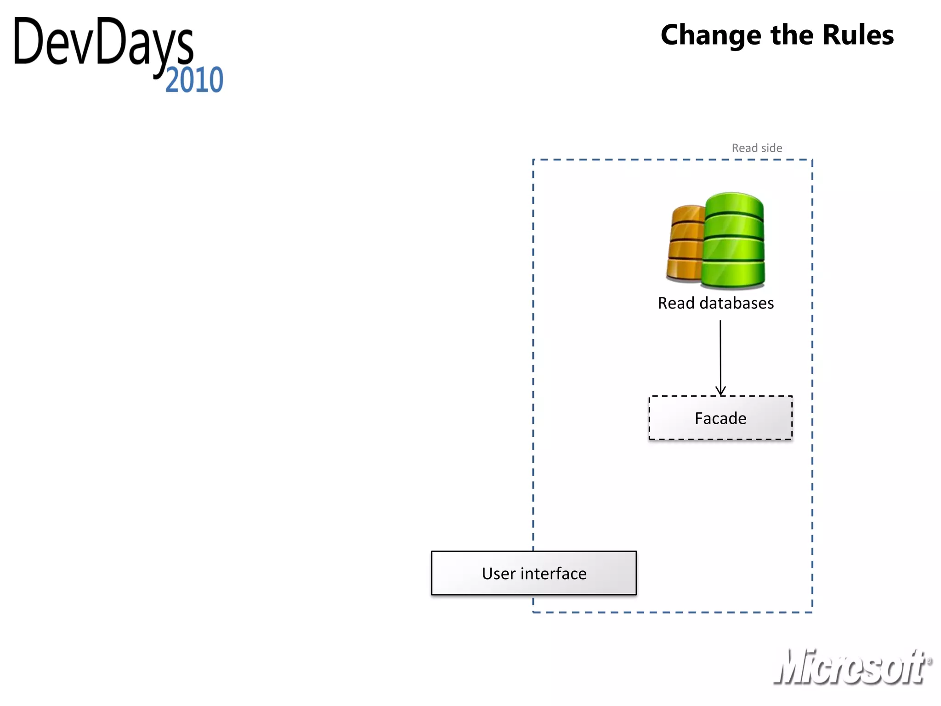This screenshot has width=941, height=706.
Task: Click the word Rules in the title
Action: [x=858, y=35]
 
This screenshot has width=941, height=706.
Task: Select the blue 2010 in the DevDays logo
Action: [x=194, y=80]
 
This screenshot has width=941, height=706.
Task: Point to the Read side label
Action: [x=757, y=148]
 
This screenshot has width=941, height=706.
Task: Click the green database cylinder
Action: [x=734, y=241]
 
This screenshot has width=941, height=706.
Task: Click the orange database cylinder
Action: [x=685, y=244]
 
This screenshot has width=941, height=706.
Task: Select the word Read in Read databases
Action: [x=676, y=303]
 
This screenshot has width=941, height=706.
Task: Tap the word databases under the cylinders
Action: [x=737, y=303]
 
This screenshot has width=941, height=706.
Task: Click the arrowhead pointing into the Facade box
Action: [x=720, y=391]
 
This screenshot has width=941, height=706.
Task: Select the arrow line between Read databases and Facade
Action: [x=720, y=354]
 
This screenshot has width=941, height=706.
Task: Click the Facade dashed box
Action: [x=720, y=418]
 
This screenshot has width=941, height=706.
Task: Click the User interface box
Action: [x=534, y=573]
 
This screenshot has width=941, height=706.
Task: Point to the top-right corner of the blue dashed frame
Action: [x=812, y=160]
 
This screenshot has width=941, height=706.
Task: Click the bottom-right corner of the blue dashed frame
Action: [x=812, y=612]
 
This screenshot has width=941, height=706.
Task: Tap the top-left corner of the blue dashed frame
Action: [x=533, y=160]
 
